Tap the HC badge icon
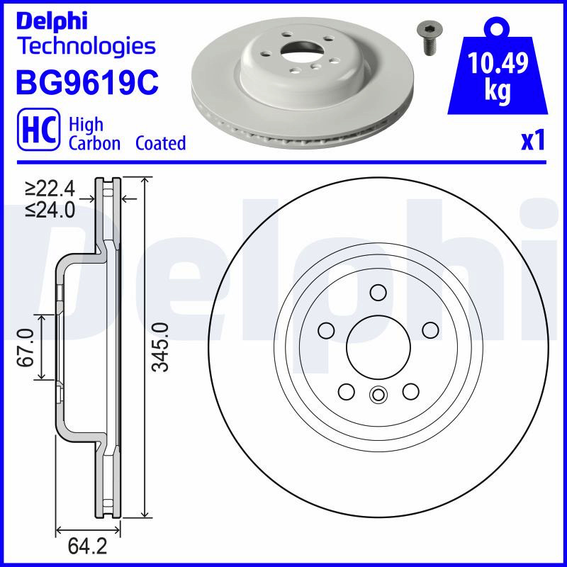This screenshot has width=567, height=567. click(39, 129)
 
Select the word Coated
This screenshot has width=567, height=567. click(161, 143)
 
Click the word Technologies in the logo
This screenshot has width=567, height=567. click(88, 46)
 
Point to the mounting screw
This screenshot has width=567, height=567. click(430, 38)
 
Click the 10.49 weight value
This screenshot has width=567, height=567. click(498, 62)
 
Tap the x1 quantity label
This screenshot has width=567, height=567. click(533, 140)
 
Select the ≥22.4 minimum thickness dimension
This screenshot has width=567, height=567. click(50, 189)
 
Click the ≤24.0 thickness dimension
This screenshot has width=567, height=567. click(50, 209)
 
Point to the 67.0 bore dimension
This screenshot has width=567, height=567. click(26, 347)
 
